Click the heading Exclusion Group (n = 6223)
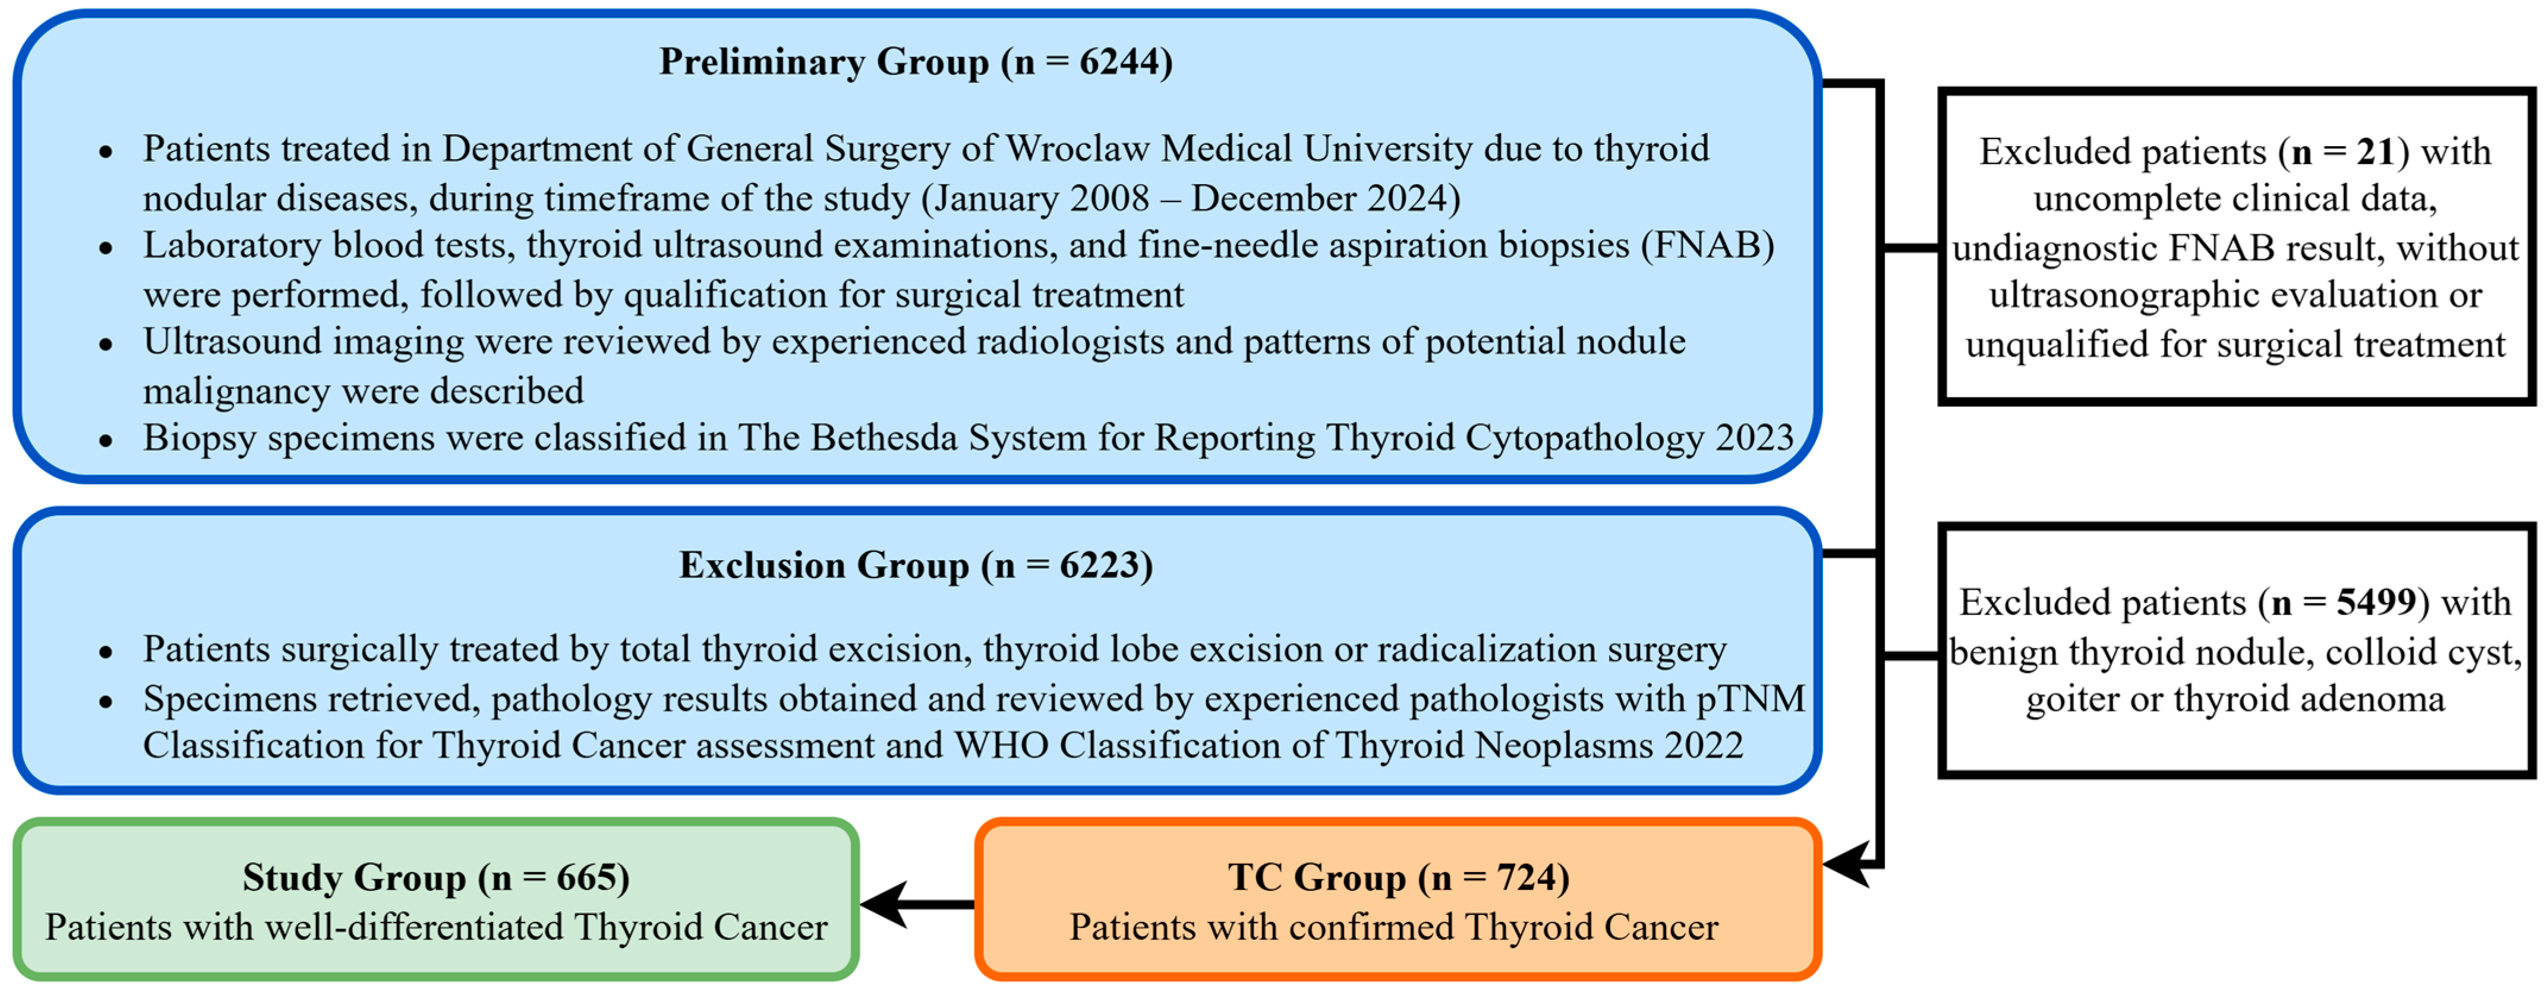pyautogui.click(x=916, y=565)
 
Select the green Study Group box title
pyautogui.click(x=436, y=877)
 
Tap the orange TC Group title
pyautogui.click(x=1398, y=877)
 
